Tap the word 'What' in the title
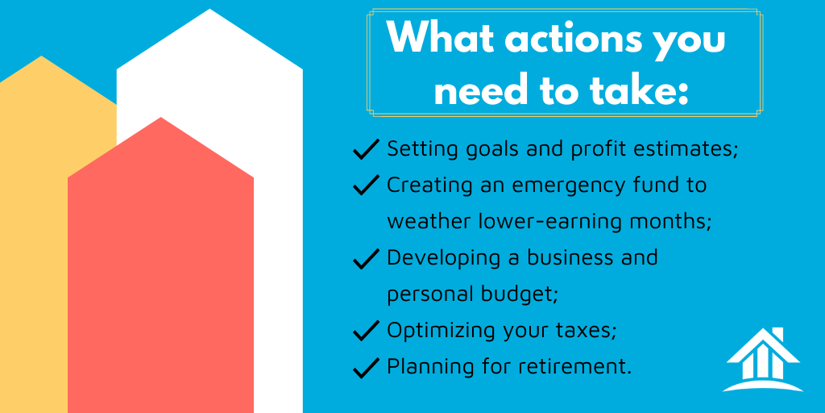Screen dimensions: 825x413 pyautogui.click(x=437, y=39)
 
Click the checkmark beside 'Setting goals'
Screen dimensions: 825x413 pyautogui.click(x=367, y=148)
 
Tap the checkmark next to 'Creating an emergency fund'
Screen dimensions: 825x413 pyautogui.click(x=367, y=185)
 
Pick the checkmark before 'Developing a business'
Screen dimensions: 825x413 pyautogui.click(x=367, y=258)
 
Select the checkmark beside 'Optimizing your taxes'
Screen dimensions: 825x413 pyautogui.click(x=367, y=330)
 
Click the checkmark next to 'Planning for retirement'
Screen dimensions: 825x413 pyautogui.click(x=367, y=367)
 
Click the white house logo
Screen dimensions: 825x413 pyautogui.click(x=763, y=360)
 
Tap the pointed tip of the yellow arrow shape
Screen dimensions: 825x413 pyautogui.click(x=42, y=56)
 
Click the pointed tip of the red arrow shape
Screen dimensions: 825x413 pyautogui.click(x=160, y=118)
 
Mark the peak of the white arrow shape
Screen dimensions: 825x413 pyautogui.click(x=210, y=9)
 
